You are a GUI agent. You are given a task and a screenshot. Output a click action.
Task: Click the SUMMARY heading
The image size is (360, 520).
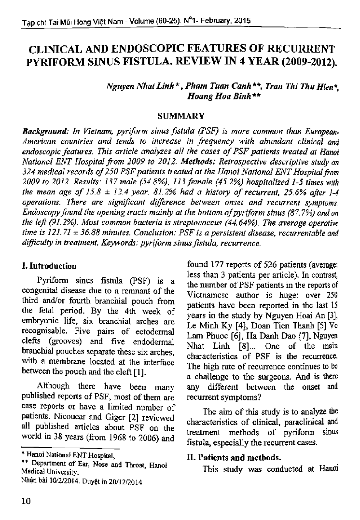(181, 116)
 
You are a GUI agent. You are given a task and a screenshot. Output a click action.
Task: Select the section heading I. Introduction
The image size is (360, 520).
(46, 266)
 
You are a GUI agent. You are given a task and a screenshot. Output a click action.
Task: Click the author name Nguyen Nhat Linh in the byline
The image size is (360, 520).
(132, 86)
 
